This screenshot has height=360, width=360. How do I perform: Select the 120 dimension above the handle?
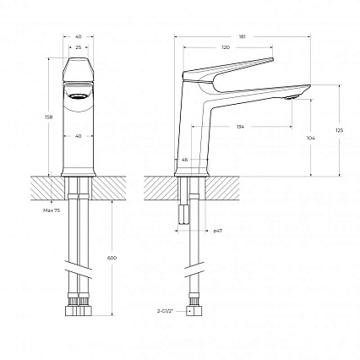[x=225, y=48]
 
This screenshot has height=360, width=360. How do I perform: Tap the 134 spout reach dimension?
[x=241, y=127]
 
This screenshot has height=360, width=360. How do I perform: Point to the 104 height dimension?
[x=311, y=137]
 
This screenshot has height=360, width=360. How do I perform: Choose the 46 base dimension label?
[x=184, y=158]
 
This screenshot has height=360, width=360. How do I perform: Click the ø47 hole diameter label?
[x=218, y=230]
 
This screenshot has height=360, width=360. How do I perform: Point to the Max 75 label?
[x=50, y=210]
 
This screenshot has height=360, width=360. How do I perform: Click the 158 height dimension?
[x=48, y=117]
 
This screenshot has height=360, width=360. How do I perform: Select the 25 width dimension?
[x=79, y=48]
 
